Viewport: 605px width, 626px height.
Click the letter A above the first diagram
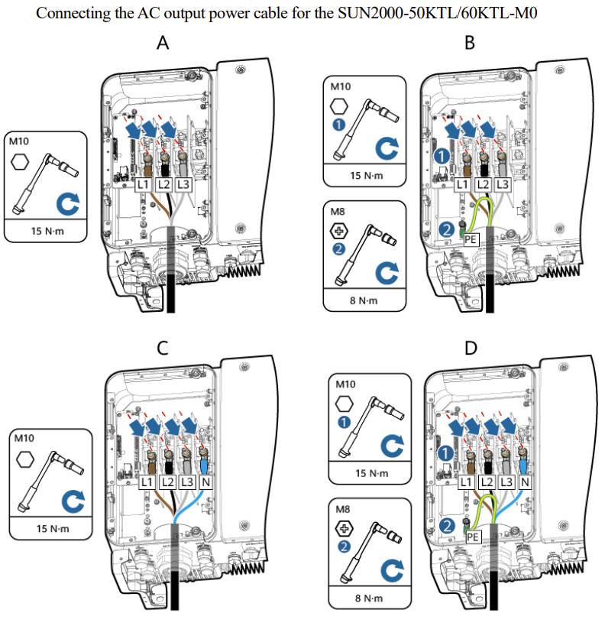tap(163, 44)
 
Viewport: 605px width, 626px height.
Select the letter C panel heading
tap(163, 348)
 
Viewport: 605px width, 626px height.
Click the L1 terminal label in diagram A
tap(143, 185)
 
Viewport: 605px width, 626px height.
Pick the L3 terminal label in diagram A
tap(183, 185)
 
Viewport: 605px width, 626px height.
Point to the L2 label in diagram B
tap(483, 185)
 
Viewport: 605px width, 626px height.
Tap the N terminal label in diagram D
tap(525, 483)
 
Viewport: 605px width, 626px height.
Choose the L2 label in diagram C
tap(168, 483)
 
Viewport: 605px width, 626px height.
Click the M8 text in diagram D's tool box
tap(341, 507)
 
